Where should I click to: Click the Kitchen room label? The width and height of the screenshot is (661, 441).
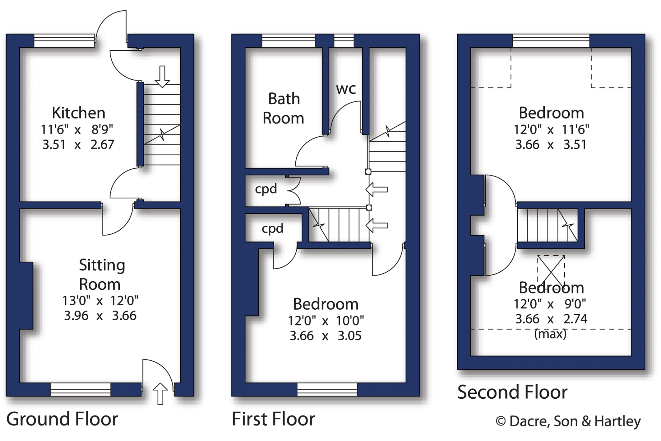click(78, 113)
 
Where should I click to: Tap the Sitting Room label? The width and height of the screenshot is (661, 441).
click(102, 274)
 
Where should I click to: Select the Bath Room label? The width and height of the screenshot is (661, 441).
click(283, 108)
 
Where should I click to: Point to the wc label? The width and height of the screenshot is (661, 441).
click(346, 89)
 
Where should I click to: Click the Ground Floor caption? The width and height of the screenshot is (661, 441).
click(62, 419)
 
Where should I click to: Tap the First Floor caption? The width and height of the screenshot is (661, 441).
click(273, 419)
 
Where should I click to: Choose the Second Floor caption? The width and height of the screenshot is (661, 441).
click(512, 392)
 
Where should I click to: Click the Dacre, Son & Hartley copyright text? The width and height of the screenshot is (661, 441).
click(568, 421)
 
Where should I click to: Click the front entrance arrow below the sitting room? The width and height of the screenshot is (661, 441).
click(160, 394)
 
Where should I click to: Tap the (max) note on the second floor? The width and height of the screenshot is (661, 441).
click(550, 334)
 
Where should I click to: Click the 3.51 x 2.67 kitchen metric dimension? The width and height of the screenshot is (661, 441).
click(78, 145)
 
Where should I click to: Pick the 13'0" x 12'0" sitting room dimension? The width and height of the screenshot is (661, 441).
click(100, 301)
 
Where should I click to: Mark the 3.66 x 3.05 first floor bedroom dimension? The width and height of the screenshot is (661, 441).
click(326, 336)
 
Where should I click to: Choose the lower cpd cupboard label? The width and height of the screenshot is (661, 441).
click(272, 229)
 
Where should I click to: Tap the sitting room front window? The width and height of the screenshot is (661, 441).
click(81, 390)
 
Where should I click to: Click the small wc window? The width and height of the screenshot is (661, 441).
click(344, 41)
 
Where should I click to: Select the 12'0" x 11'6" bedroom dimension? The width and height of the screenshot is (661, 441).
click(551, 129)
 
